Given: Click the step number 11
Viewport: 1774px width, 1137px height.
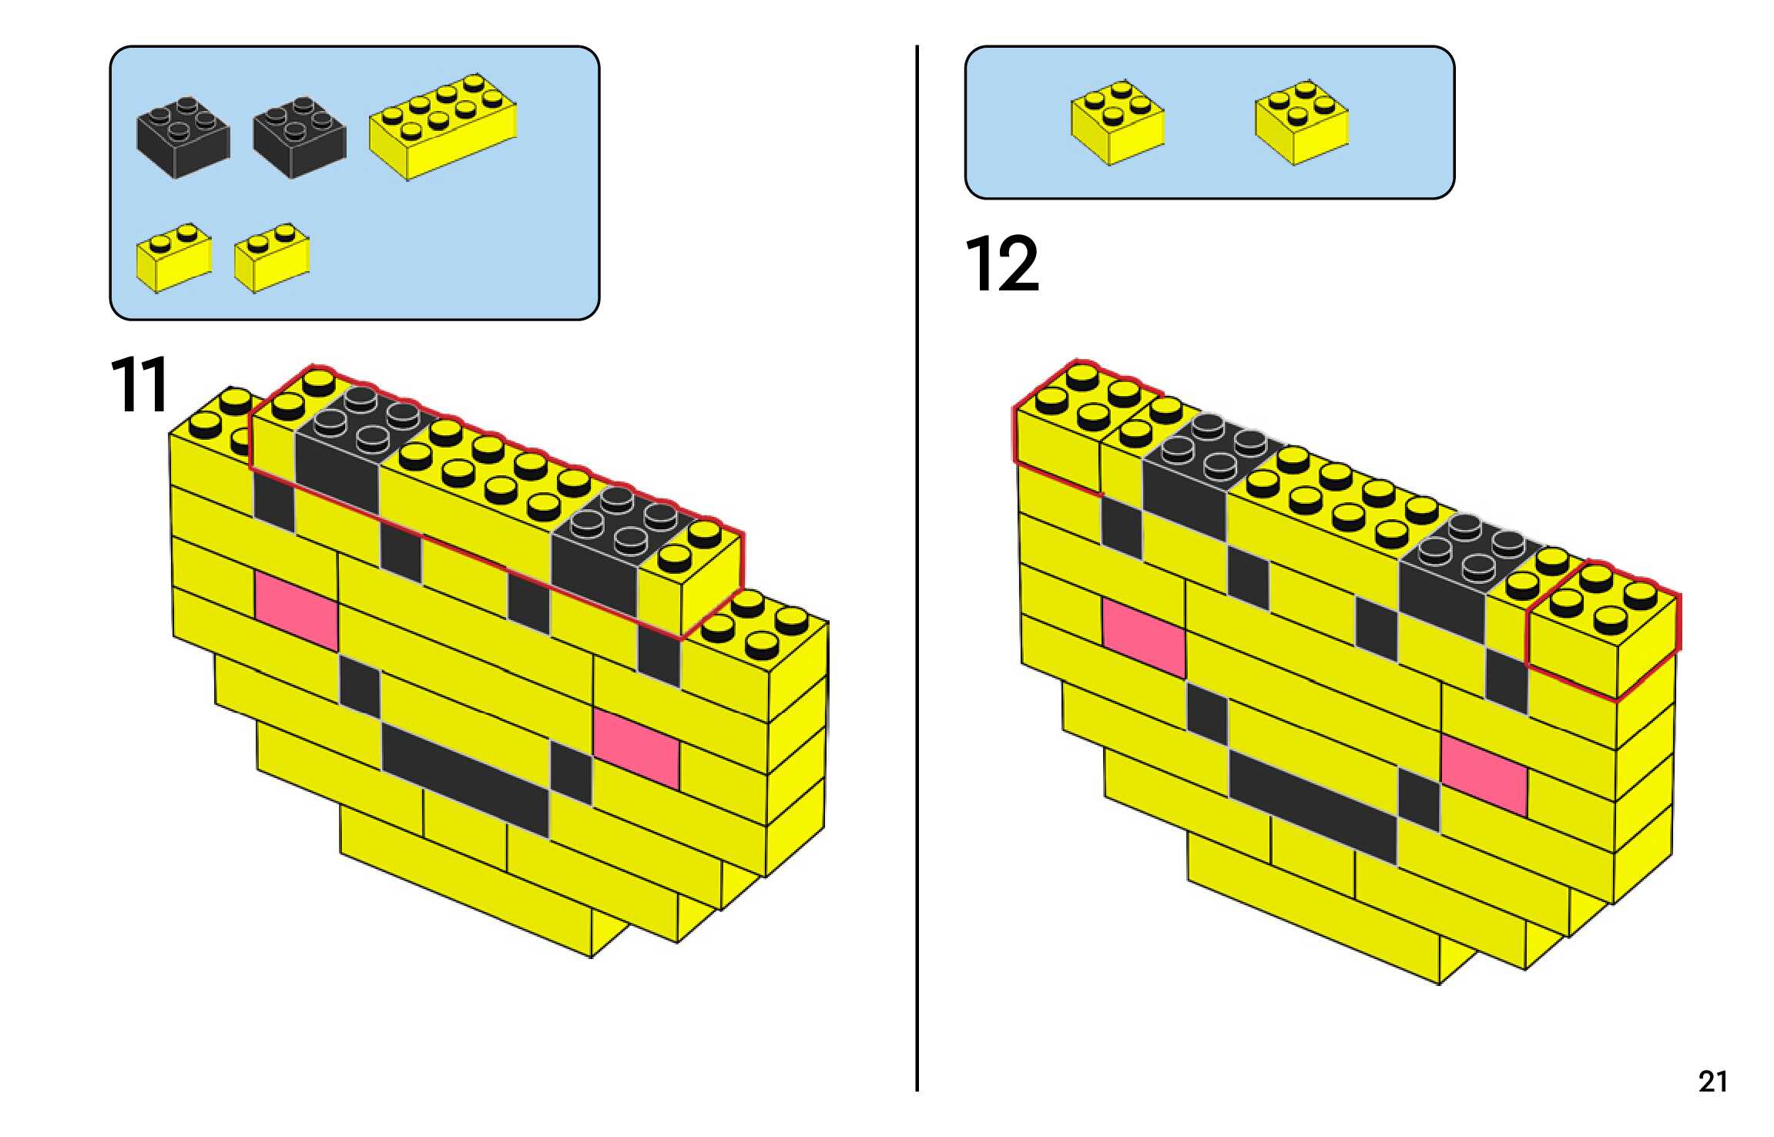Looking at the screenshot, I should point(139,385).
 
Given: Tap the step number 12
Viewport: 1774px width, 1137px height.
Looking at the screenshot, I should point(1001,264).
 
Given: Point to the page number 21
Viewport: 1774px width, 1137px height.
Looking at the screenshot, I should point(1712,1082).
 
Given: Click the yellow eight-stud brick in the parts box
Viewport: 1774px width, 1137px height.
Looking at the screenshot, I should point(443,127).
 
